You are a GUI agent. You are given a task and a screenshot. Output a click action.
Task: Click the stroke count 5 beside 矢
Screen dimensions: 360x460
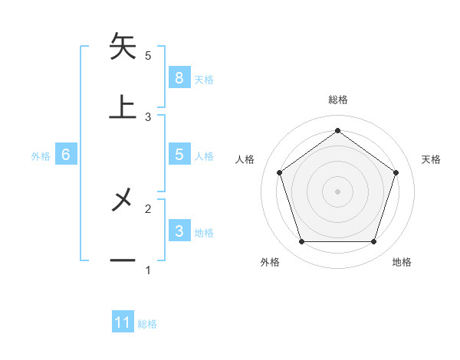click(148, 56)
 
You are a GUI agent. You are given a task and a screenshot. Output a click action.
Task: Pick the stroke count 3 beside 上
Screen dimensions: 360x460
click(148, 117)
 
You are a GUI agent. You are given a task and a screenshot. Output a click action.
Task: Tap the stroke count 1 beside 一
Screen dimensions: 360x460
click(148, 270)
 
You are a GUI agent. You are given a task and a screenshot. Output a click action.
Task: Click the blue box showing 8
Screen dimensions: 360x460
click(179, 77)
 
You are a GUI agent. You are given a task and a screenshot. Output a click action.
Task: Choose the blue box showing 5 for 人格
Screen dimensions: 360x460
click(179, 155)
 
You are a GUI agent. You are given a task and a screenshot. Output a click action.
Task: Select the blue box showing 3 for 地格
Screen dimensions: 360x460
click(179, 231)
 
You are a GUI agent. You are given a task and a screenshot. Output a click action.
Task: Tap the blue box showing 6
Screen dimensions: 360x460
click(66, 155)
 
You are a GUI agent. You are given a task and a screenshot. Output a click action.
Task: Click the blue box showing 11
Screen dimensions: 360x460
click(123, 322)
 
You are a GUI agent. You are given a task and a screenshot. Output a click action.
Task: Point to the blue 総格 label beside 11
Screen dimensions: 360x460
click(147, 324)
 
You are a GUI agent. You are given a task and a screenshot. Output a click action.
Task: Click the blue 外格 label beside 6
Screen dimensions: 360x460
click(41, 156)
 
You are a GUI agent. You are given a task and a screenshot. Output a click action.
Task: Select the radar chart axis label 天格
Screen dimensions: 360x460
click(432, 159)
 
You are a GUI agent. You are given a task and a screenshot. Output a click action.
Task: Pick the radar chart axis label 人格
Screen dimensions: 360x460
click(245, 159)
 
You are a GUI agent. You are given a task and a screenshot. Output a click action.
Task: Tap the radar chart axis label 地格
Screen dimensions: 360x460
click(402, 263)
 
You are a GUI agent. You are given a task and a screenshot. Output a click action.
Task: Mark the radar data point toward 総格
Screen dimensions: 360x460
click(337, 130)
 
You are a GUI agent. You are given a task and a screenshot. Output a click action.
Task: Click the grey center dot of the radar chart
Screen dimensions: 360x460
click(337, 191)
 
